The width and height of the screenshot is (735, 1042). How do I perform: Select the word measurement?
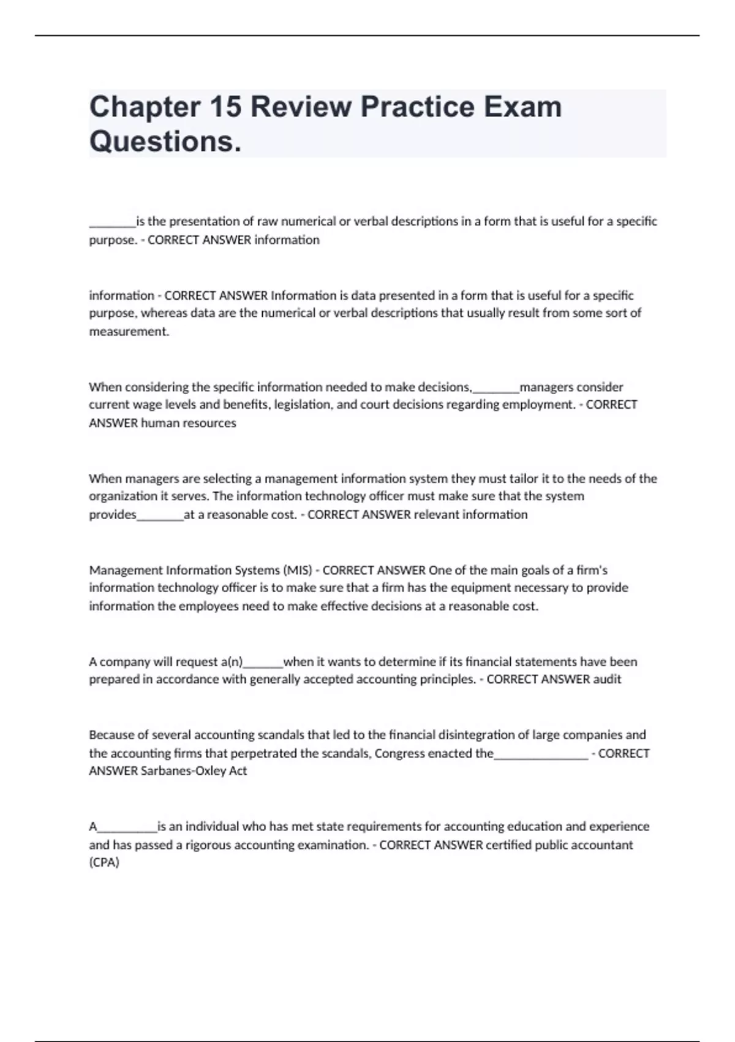[x=128, y=332]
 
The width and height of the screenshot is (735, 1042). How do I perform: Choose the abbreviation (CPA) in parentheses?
[x=104, y=862]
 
